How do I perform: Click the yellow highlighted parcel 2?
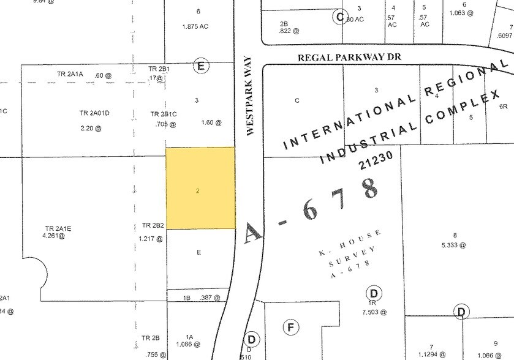200,189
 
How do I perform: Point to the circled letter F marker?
291,328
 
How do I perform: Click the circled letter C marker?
339,17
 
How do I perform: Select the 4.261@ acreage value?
54,235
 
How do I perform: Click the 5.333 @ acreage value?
455,245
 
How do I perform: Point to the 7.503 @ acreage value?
372,312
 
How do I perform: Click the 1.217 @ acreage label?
150,239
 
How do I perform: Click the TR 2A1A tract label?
70,74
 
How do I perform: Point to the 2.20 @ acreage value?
91,129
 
